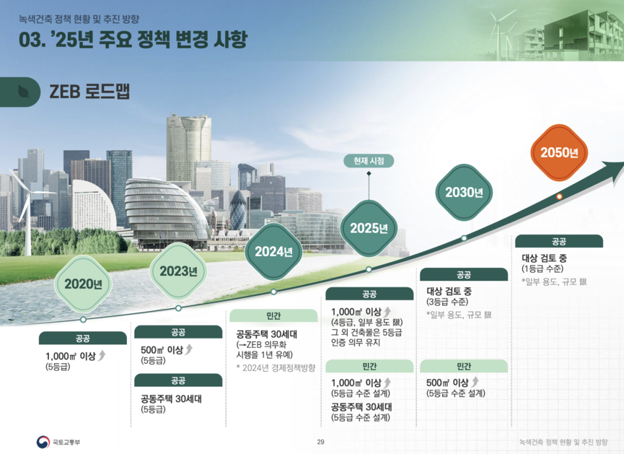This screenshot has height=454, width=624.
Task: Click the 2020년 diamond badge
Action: click(x=83, y=284)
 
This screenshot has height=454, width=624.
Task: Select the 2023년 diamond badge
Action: click(x=178, y=271)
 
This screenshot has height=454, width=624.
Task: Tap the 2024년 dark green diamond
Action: click(x=273, y=251)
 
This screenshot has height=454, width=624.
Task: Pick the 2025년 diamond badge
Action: click(x=369, y=228)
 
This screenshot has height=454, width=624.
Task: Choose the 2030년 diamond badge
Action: click(x=464, y=192)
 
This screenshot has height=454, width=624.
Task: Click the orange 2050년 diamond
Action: click(x=559, y=152)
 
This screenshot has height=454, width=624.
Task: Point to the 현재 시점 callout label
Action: click(x=369, y=161)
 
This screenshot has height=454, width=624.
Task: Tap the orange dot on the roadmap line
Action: click(x=559, y=196)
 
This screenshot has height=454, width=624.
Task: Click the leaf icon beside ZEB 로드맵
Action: click(x=24, y=92)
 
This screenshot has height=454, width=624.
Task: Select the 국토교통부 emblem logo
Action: click(x=43, y=442)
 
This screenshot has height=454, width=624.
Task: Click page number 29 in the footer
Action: click(x=321, y=442)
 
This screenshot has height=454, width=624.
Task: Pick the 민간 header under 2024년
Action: click(x=273, y=315)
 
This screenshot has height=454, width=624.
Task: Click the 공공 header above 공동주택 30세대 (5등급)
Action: click(x=178, y=380)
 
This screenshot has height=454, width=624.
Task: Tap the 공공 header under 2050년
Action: click(x=559, y=241)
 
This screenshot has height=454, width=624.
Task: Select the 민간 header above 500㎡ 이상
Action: click(x=464, y=366)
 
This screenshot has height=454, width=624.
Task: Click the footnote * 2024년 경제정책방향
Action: click(x=276, y=367)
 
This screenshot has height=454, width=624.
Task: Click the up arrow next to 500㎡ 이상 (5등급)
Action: click(x=188, y=349)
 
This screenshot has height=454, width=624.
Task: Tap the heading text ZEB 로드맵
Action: click(x=89, y=92)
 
